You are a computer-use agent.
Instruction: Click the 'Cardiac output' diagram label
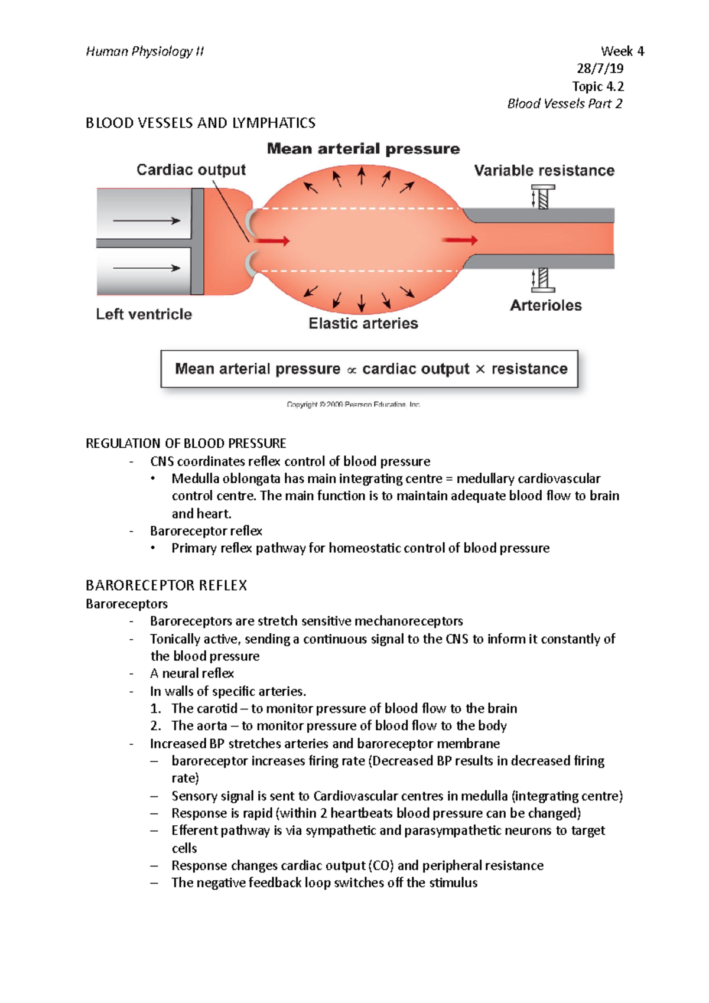[191, 170]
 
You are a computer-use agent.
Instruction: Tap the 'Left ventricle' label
[144, 314]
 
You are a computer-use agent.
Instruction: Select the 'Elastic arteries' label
[363, 324]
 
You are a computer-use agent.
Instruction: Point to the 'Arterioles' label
[545, 305]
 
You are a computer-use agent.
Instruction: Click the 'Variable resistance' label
[544, 171]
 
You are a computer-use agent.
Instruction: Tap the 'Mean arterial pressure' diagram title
[363, 149]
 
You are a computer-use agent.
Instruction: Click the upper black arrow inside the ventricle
[147, 221]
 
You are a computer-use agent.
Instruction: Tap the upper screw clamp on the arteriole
[542, 197]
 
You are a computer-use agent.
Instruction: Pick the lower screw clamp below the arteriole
[542, 279]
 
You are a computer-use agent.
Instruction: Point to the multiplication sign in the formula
[480, 369]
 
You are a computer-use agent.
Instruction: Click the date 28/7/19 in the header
[600, 69]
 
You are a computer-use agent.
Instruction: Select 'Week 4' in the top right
[622, 51]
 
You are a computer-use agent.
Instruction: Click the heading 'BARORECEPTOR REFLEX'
[166, 585]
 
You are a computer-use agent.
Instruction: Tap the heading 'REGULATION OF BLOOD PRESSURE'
[186, 444]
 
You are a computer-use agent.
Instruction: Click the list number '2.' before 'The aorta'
[155, 726]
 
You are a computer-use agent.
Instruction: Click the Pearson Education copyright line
[353, 405]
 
